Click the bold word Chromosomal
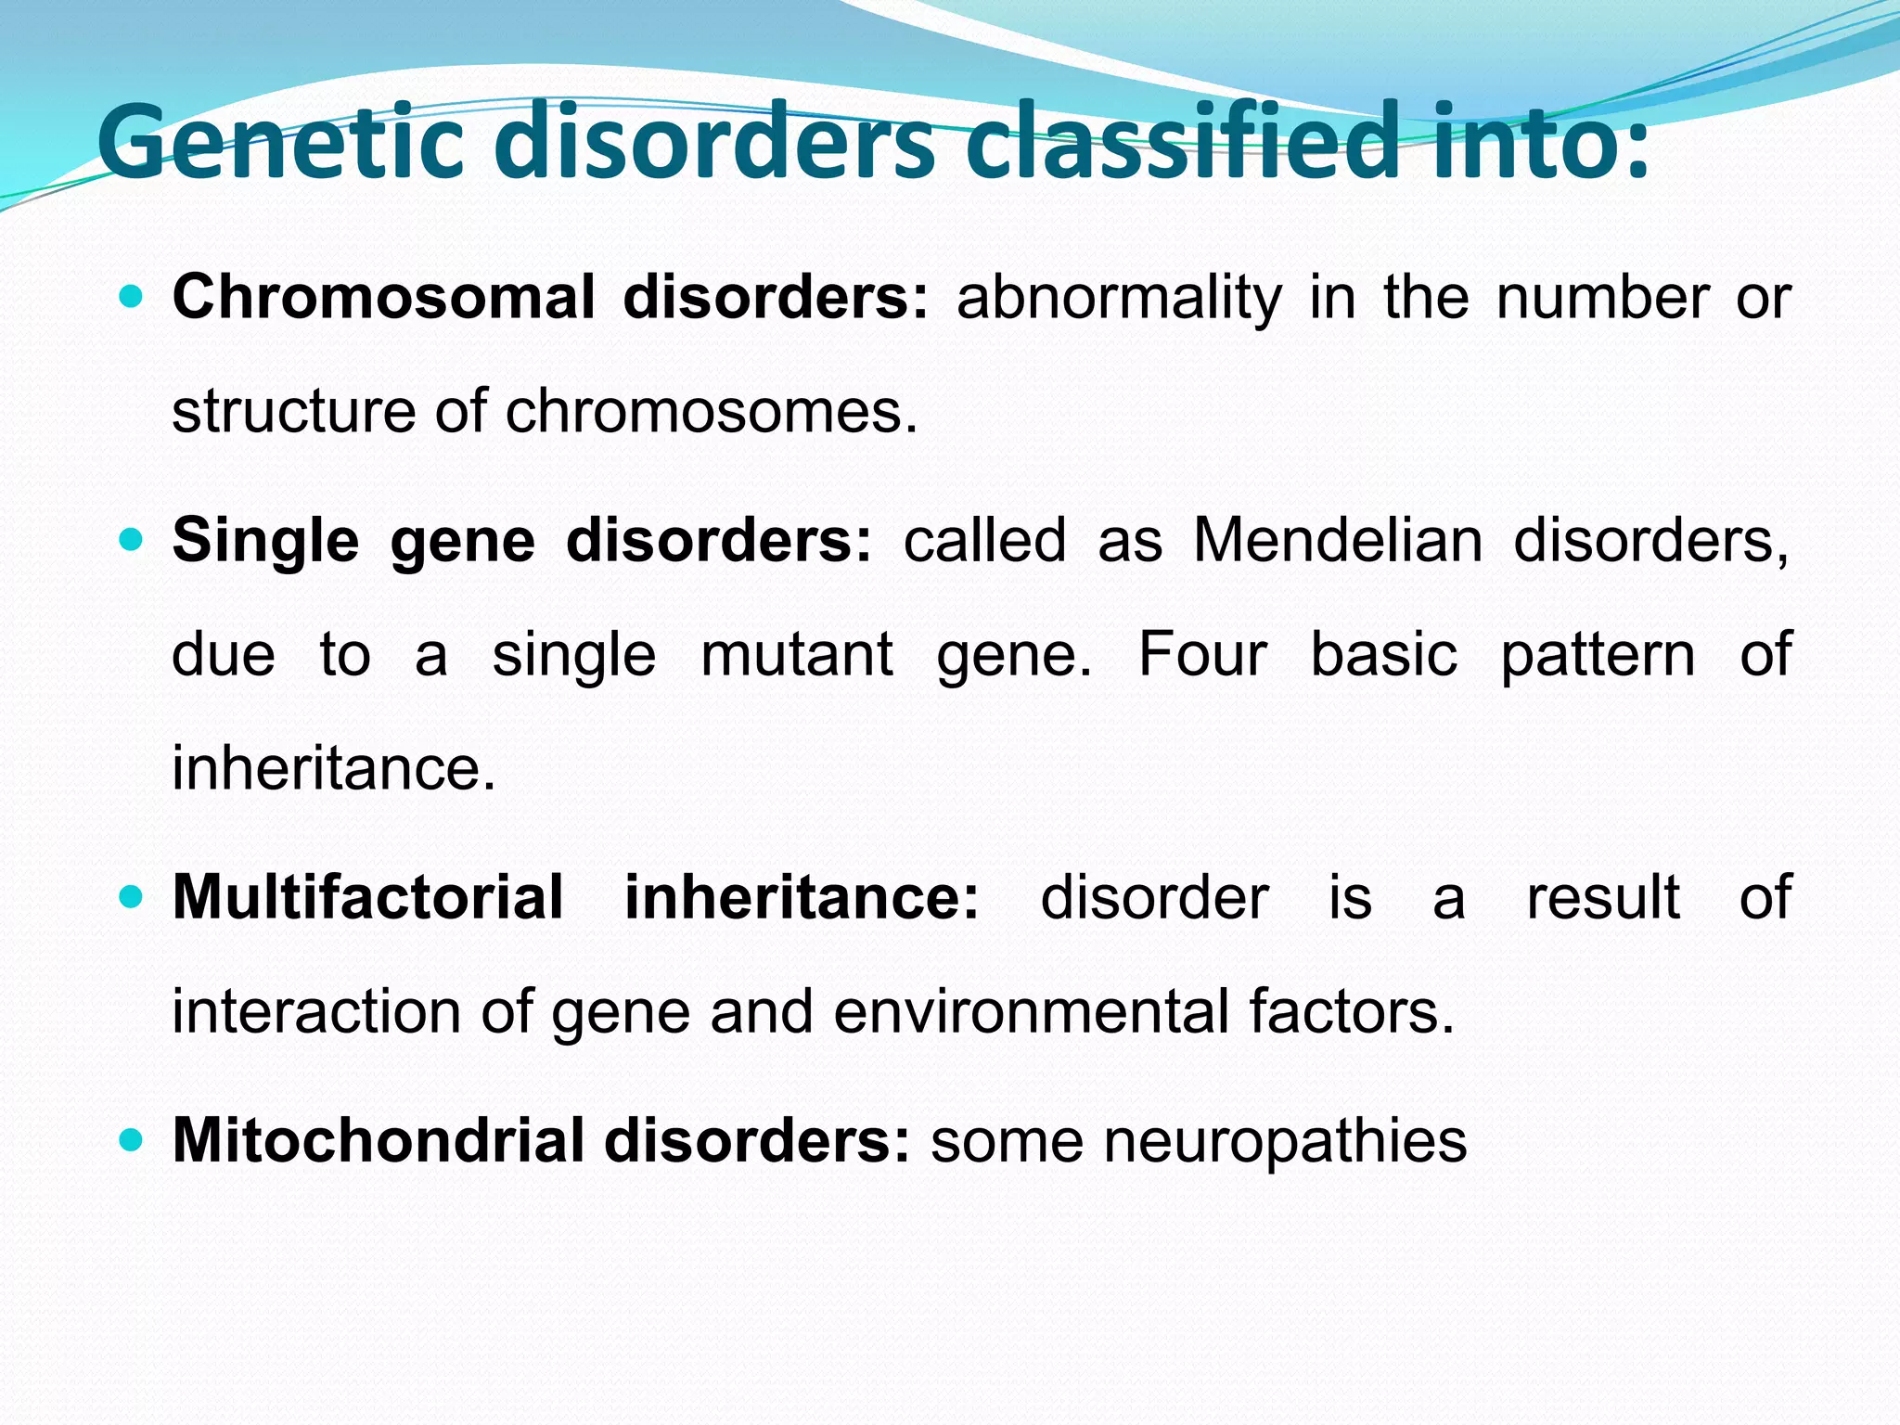pyautogui.click(x=383, y=298)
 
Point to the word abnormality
pyautogui.click(x=1118, y=300)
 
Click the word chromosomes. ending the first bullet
pyautogui.click(x=711, y=411)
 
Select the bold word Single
pyautogui.click(x=265, y=542)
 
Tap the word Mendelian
pyautogui.click(x=1337, y=540)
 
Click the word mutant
pyautogui.click(x=796, y=655)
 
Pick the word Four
pyautogui.click(x=1201, y=655)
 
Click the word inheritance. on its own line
pyautogui.click(x=334, y=769)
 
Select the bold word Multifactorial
pyautogui.click(x=367, y=898)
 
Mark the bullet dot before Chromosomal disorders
pyautogui.click(x=132, y=298)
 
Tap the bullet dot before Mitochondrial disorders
pyautogui.click(x=132, y=1140)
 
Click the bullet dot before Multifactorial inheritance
pyautogui.click(x=132, y=897)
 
